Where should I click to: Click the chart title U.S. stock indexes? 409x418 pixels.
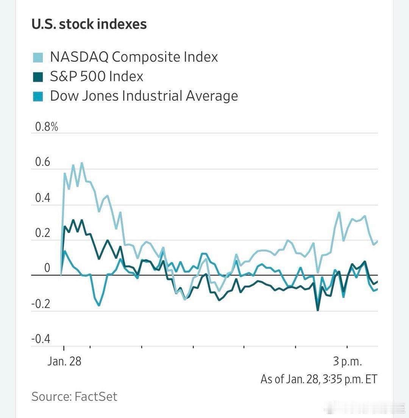(89, 24)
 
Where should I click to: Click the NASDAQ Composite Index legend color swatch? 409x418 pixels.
(38, 57)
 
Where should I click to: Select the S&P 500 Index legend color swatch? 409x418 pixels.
(38, 77)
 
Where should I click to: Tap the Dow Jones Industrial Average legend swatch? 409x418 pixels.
(38, 96)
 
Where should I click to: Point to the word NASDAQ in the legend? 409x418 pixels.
(79, 57)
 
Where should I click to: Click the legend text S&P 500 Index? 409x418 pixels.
(97, 77)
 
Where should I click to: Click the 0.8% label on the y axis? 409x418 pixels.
(47, 127)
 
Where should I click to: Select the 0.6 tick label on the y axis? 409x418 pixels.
(42, 162)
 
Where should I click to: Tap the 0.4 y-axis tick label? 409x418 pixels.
(42, 198)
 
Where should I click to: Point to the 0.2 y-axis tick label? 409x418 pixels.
(42, 233)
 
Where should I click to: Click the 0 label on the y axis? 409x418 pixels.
(47, 268)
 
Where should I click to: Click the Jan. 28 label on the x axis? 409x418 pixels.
(64, 361)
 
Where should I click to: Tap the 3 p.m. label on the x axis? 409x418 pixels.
(347, 361)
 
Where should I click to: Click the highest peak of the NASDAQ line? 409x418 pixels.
(81, 163)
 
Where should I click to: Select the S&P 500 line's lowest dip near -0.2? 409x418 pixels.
(317, 310)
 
